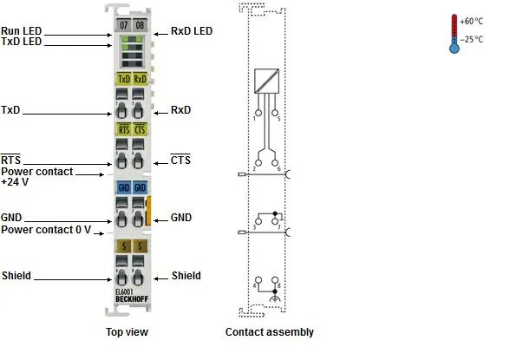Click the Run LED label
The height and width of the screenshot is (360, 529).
(22, 30)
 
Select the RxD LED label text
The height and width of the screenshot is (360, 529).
(192, 31)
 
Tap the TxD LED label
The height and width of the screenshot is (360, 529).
(22, 42)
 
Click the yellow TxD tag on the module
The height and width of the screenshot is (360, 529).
(124, 79)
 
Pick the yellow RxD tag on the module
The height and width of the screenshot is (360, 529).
(140, 79)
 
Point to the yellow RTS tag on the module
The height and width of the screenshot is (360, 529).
(124, 129)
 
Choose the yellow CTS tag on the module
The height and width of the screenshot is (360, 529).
(140, 129)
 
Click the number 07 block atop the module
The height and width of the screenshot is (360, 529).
(123, 25)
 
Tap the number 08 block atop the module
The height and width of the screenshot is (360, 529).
(140, 25)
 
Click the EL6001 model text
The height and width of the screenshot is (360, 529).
(124, 292)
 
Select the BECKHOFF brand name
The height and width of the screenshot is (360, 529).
(132, 299)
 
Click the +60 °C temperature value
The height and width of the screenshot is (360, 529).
(471, 22)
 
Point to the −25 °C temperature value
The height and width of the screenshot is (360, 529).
(471, 40)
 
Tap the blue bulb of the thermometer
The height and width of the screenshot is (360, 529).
(454, 49)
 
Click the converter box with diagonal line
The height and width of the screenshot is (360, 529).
(266, 81)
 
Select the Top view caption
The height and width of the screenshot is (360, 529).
(127, 332)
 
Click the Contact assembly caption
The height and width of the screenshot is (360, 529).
(270, 332)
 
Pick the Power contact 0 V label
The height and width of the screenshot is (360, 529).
(46, 230)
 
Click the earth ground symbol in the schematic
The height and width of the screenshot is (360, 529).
(275, 298)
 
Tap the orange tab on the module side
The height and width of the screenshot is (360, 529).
(148, 211)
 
